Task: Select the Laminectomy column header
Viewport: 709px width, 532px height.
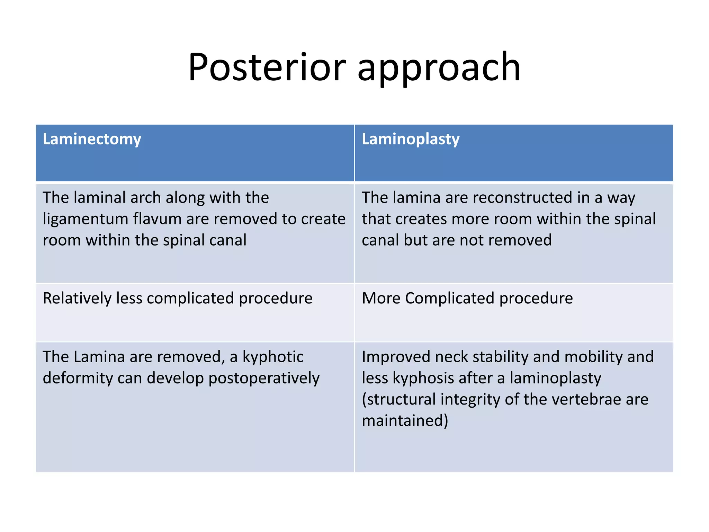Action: coord(92,139)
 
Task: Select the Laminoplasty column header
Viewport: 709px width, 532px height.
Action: coord(410,139)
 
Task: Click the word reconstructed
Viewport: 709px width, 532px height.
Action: coord(522,198)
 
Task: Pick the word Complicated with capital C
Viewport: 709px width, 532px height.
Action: coord(449,298)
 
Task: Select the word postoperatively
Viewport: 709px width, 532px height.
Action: coord(264,378)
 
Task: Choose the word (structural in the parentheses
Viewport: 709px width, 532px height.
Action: coord(398,399)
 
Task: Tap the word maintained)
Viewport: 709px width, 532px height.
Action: coord(405,421)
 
